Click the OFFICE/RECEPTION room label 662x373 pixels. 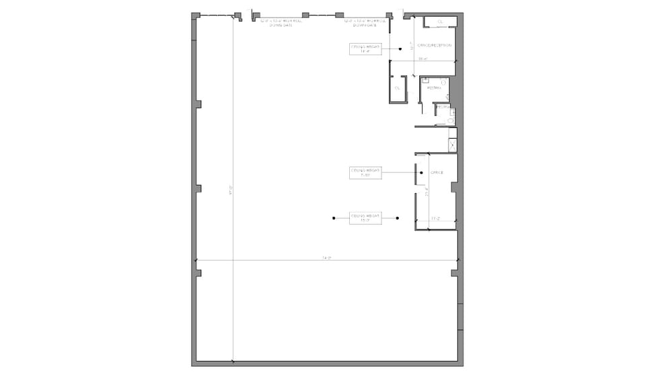pos(434,45)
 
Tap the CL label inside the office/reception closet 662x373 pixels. pos(441,22)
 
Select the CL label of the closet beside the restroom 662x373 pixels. pos(397,88)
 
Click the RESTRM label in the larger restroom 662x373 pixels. pos(433,88)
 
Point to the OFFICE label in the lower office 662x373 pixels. pos(437,173)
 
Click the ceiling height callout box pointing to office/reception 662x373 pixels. pos(365,48)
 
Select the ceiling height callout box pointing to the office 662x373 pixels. pos(365,173)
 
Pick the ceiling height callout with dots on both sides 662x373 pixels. pos(365,218)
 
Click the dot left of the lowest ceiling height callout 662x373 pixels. pos(334,218)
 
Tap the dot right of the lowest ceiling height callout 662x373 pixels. pos(398,218)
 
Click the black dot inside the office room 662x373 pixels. pos(422,173)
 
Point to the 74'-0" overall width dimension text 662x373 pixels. pos(326,258)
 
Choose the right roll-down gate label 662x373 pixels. pos(366,22)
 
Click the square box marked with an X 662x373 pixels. pos(453,144)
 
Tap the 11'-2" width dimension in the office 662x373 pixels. pos(435,219)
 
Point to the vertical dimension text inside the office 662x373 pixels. pos(427,193)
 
